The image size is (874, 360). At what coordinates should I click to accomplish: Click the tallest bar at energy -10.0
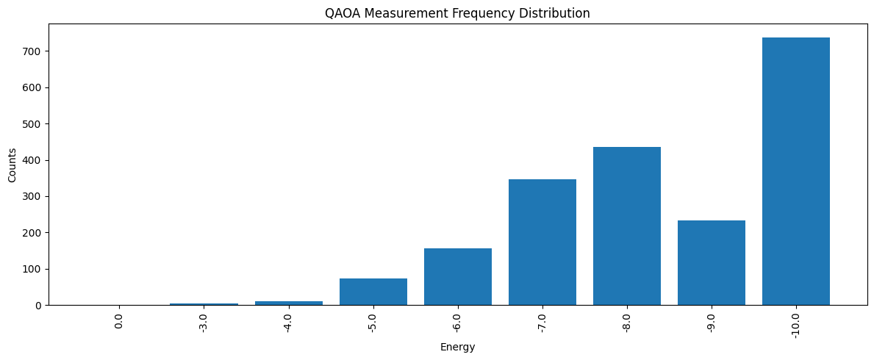tap(795, 171)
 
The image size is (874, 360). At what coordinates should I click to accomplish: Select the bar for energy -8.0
tap(626, 226)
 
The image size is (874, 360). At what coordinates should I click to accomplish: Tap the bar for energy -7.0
tap(542, 242)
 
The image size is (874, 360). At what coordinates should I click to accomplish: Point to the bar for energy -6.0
tap(457, 277)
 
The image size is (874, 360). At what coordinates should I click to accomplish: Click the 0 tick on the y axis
tap(40, 305)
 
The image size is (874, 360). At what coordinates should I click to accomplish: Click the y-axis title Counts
tap(12, 165)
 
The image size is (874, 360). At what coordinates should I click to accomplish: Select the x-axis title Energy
tap(457, 348)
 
